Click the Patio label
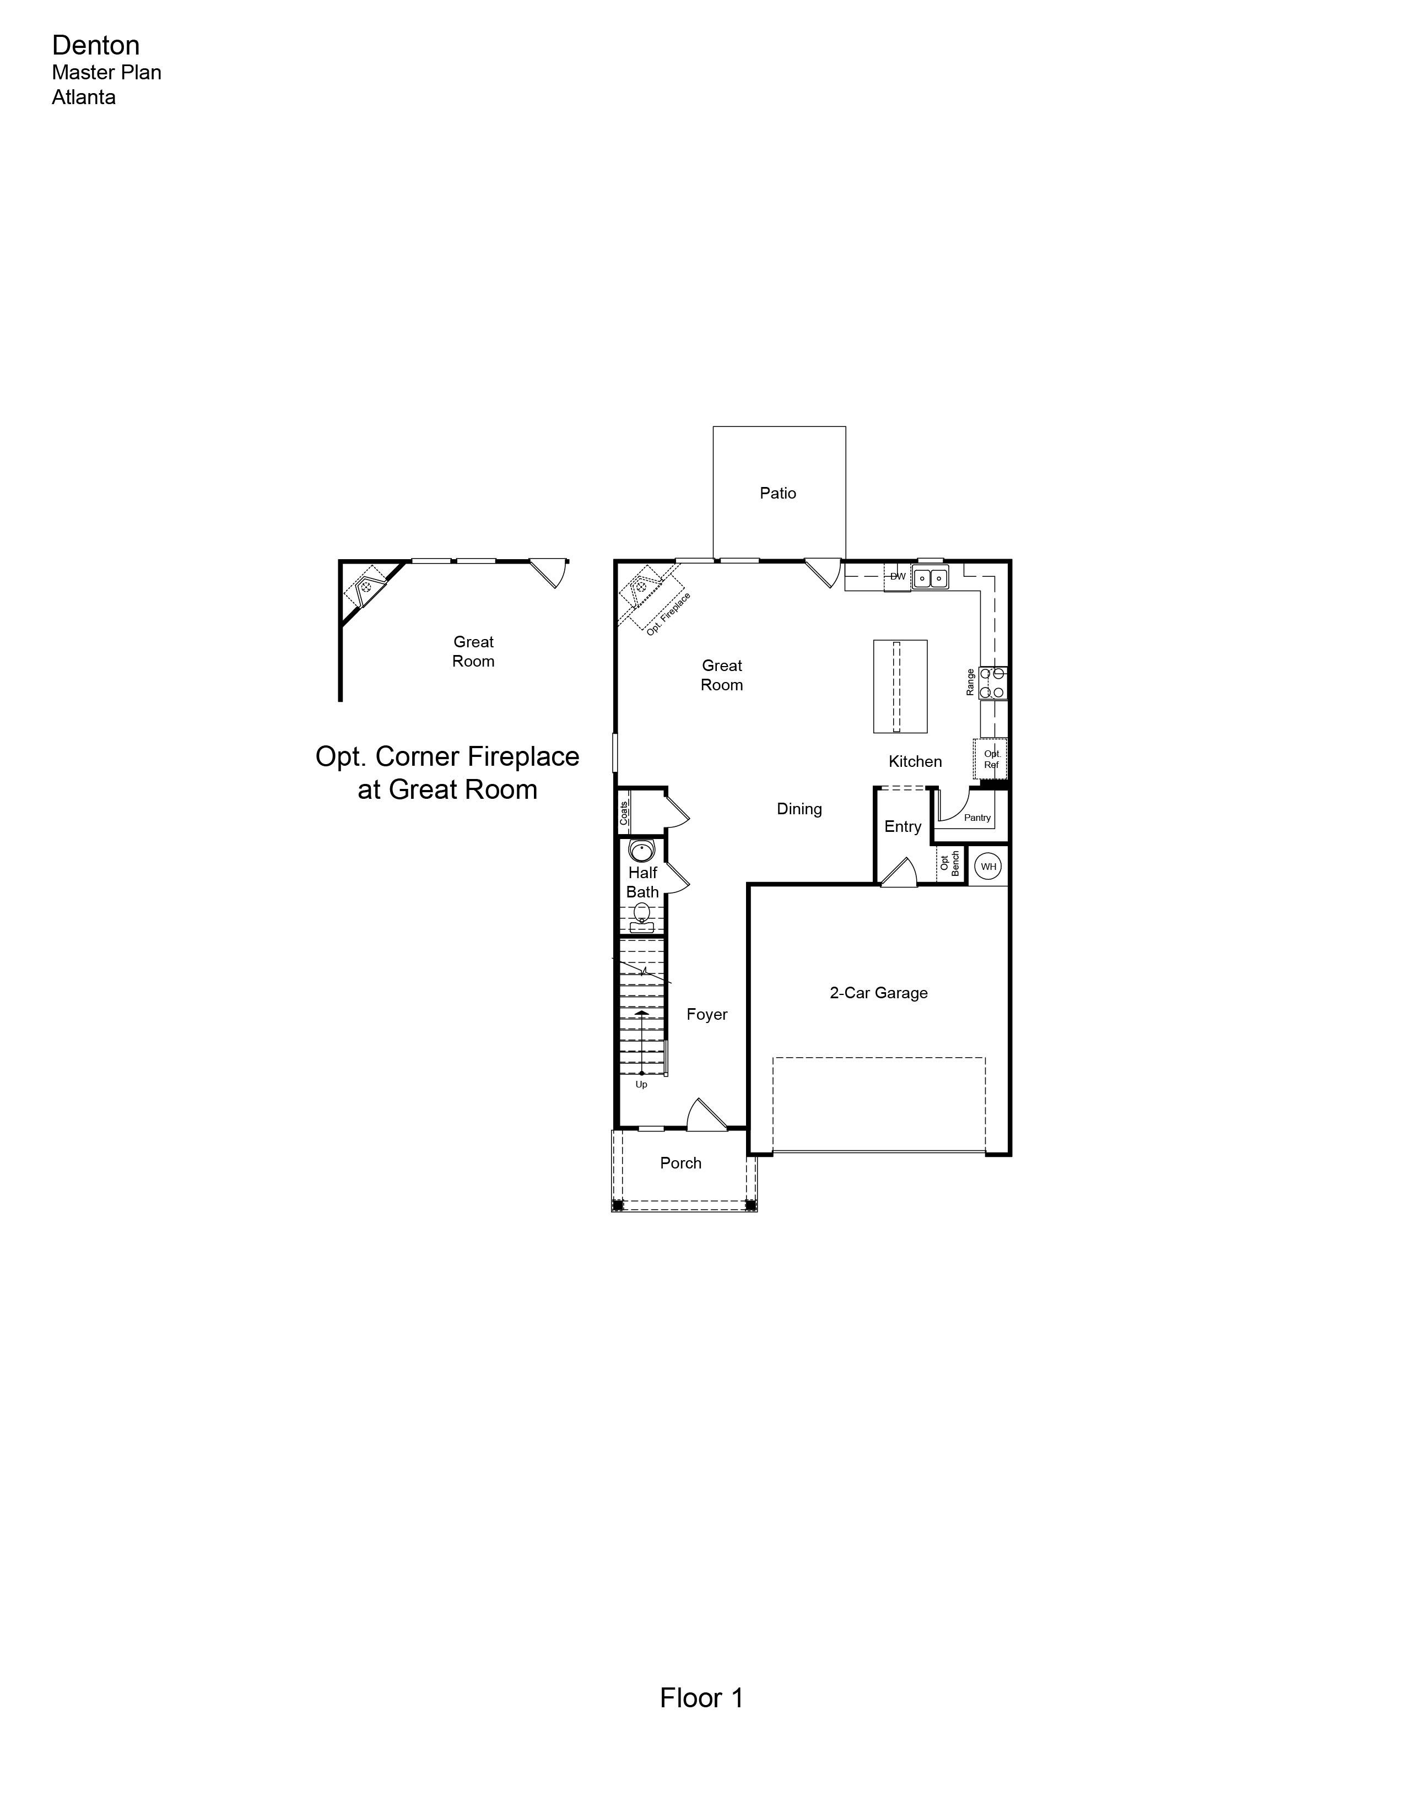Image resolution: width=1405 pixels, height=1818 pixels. (777, 494)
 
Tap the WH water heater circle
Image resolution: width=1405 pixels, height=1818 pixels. (988, 867)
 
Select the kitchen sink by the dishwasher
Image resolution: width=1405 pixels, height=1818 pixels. (930, 577)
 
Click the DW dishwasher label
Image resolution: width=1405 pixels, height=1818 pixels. (897, 576)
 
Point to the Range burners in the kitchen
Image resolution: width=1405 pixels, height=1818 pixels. (993, 683)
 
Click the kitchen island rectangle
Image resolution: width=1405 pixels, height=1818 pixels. (900, 687)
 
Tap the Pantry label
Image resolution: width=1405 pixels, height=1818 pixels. (977, 818)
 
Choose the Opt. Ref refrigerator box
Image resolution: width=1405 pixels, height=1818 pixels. (991, 759)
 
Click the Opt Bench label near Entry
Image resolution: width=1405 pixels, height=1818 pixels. (950, 863)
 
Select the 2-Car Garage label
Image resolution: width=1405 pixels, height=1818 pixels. (878, 993)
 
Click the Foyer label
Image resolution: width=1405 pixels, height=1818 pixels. (707, 1015)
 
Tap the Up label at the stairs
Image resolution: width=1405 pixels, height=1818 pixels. (641, 1085)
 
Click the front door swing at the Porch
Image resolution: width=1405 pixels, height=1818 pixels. (706, 1114)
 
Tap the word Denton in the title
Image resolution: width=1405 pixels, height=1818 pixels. (96, 45)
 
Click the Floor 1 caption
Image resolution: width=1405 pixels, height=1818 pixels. (701, 1698)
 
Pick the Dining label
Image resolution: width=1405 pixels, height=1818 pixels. (799, 809)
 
